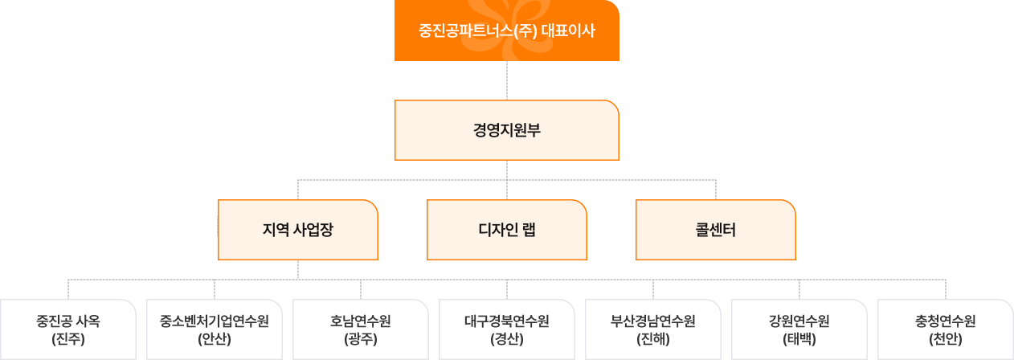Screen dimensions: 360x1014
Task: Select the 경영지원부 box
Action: pyautogui.click(x=506, y=130)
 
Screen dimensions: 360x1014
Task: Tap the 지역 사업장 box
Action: pyautogui.click(x=297, y=230)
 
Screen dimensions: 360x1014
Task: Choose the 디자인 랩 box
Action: pyautogui.click(x=506, y=230)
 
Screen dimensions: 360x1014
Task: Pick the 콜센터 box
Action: pyautogui.click(x=715, y=230)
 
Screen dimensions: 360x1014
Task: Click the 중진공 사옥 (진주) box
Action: pyautogui.click(x=68, y=329)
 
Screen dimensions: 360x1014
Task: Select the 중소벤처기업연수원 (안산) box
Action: pyautogui.click(x=215, y=329)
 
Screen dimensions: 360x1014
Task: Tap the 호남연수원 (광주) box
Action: pyautogui.click(x=361, y=329)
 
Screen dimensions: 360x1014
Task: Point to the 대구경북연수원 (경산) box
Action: pyautogui.click(x=507, y=329)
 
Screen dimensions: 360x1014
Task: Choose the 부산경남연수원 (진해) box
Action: pyautogui.click(x=653, y=329)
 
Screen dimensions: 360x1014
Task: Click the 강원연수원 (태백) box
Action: pyautogui.click(x=799, y=329)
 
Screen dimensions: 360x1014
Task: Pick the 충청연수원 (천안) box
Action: pyautogui.click(x=946, y=329)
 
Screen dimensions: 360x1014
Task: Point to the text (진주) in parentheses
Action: pyautogui.click(x=68, y=339)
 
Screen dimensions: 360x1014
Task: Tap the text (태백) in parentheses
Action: pyautogui.click(x=799, y=339)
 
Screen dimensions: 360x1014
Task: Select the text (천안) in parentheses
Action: pyautogui.click(x=946, y=339)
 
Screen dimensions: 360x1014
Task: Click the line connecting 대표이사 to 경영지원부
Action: pyautogui.click(x=507, y=80)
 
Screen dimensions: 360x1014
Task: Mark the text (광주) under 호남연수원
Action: pyautogui.click(x=361, y=339)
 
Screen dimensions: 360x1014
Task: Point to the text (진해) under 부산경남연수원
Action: pyautogui.click(x=653, y=339)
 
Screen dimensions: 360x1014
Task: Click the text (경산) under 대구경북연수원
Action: pyautogui.click(x=507, y=339)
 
